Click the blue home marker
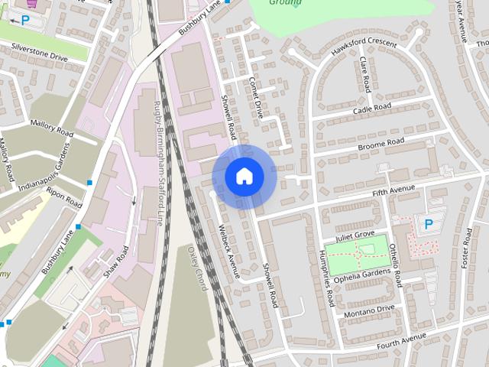point(244,176)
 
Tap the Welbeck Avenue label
point(229,249)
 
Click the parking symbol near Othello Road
point(428,224)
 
